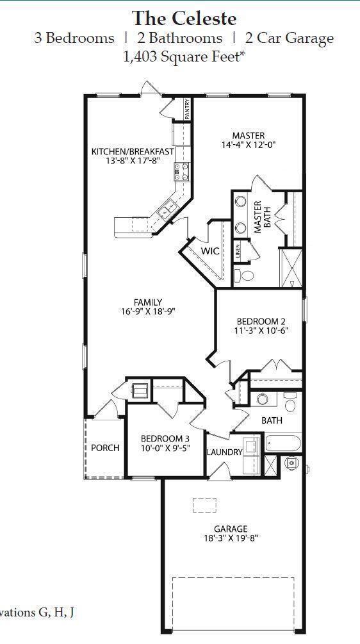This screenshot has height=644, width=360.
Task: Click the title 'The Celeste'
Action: (184, 17)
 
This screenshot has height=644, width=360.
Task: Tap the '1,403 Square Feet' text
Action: (184, 56)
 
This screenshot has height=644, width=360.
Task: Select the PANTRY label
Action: (187, 109)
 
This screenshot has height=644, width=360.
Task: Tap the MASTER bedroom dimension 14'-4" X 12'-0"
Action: (249, 145)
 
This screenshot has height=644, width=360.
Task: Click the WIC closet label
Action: (211, 251)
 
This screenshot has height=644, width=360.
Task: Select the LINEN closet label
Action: (238, 251)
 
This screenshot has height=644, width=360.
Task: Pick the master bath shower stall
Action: (291, 267)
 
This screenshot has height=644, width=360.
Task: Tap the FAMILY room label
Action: (147, 302)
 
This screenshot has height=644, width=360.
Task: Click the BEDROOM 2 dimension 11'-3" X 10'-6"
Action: (261, 331)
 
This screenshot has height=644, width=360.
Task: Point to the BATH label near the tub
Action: (272, 421)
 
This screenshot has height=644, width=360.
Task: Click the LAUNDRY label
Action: (224, 452)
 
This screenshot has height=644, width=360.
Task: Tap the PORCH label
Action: (105, 447)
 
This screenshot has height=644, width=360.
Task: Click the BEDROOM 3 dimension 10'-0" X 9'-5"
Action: (165, 449)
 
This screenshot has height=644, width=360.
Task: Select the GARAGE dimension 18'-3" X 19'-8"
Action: (231, 538)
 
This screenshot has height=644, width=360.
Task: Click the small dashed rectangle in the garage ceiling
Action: (204, 505)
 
